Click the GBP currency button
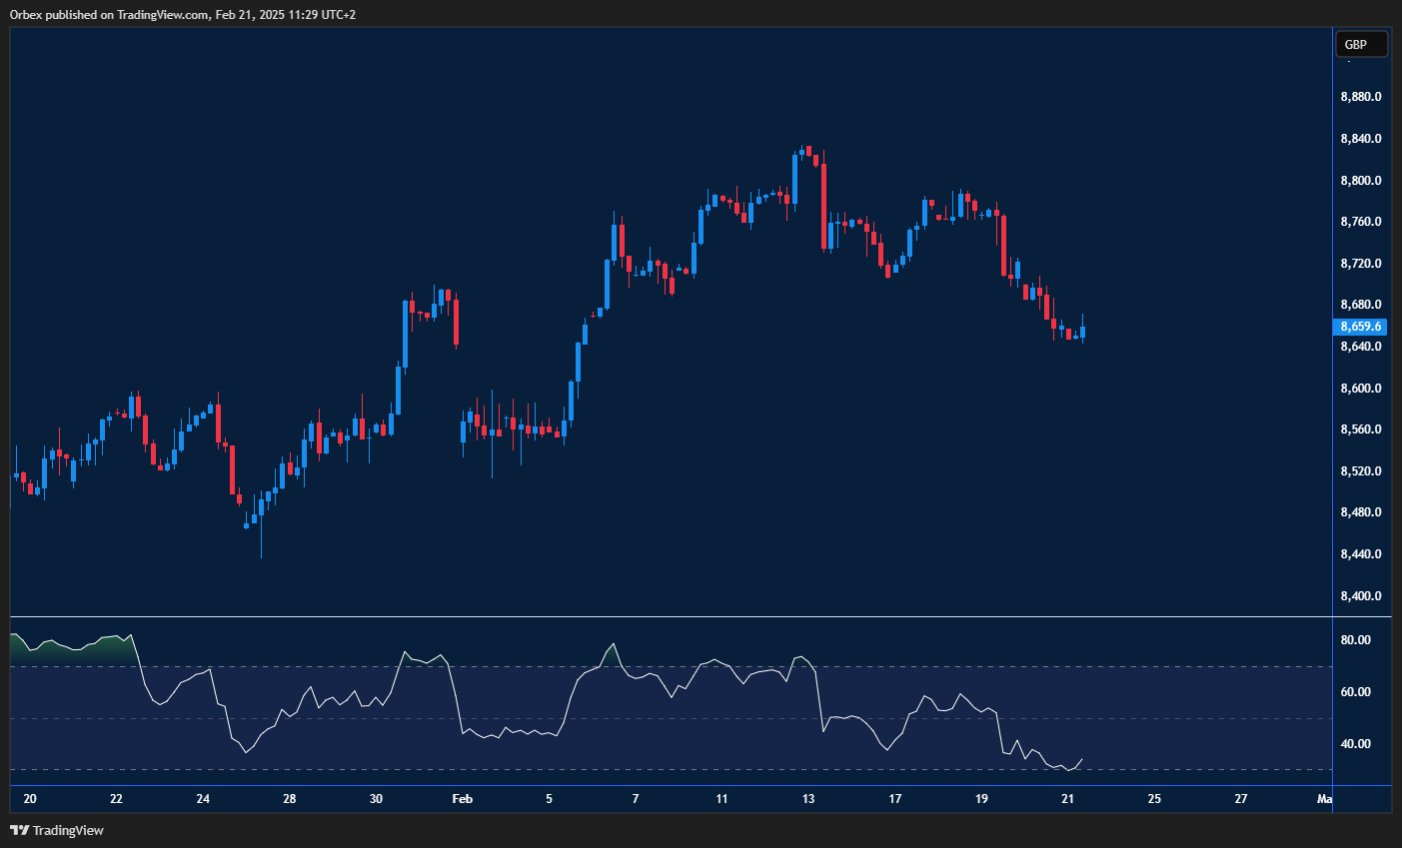1360,44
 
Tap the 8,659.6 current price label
1360,327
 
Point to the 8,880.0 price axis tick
1360,97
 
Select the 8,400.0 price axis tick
1360,596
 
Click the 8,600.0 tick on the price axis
1360,389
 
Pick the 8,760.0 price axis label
1360,222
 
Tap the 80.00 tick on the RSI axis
1355,640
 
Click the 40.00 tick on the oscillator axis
1355,744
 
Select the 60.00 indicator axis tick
1355,692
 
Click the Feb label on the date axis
462,799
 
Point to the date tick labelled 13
808,799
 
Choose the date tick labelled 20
30,799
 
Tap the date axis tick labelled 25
1154,799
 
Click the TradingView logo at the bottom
57,830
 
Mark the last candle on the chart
1082,332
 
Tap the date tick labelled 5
549,799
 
